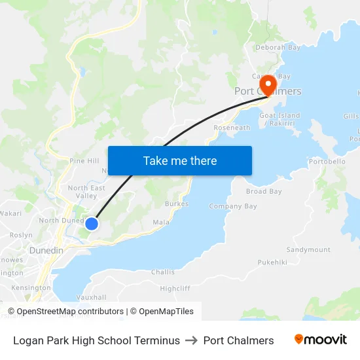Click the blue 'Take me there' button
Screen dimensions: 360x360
tap(179, 160)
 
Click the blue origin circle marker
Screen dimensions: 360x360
tap(92, 224)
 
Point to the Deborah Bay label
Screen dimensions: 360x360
tap(278, 48)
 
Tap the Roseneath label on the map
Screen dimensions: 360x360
tap(232, 128)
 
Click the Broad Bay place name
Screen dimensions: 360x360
tap(264, 192)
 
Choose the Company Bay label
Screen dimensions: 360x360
tap(233, 207)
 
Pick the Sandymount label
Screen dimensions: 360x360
tap(308, 250)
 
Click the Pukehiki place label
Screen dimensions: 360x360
tap(272, 262)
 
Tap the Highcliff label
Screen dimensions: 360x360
tap(175, 288)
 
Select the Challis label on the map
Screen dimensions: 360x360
tap(163, 272)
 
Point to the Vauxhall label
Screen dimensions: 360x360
tap(91, 297)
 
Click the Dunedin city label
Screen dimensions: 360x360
tap(46, 251)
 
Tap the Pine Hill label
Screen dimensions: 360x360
tap(84, 161)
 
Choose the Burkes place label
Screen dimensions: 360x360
tap(177, 204)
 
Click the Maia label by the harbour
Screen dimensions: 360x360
tap(161, 223)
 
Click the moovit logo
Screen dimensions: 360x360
tap(321, 340)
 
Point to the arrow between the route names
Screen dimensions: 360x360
tap(192, 340)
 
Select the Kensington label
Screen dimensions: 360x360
tap(30, 287)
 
